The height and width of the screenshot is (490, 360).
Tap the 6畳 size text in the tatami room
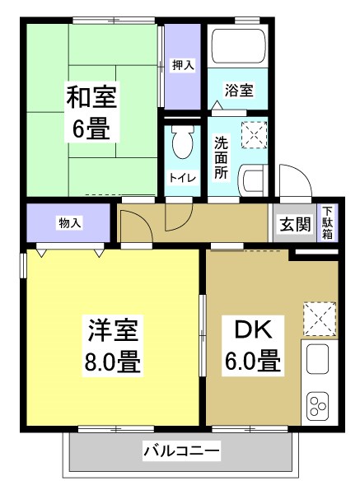tap(91, 128)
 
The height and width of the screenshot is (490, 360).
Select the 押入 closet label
tap(182, 64)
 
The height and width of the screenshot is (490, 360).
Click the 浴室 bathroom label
tap(238, 91)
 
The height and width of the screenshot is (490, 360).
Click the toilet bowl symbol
tap(182, 145)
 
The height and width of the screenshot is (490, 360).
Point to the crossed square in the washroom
tap(254, 132)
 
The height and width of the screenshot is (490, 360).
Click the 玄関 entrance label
tap(293, 222)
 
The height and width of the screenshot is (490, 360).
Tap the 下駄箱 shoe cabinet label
tap(328, 222)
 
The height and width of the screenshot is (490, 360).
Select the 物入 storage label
tap(68, 222)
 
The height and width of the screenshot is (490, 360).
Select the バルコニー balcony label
tap(181, 451)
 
